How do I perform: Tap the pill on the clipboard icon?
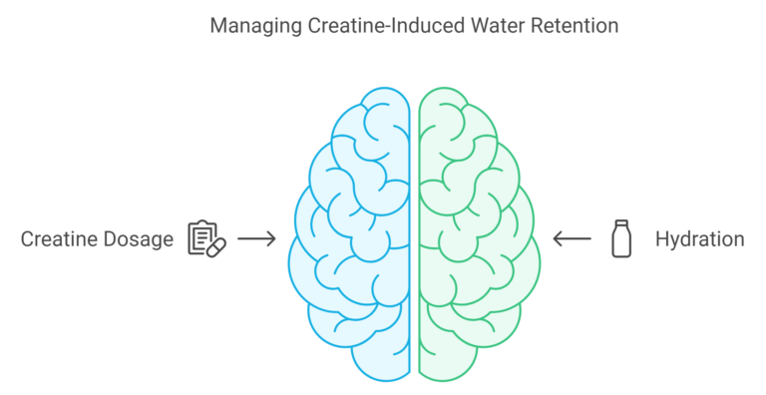pyautogui.click(x=217, y=244)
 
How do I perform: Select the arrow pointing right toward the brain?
pyautogui.click(x=257, y=239)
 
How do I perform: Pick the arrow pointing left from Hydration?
pyautogui.click(x=572, y=239)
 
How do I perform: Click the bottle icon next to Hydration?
pyautogui.click(x=620, y=239)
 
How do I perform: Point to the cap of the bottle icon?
pyautogui.click(x=620, y=223)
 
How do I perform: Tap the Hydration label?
pyautogui.click(x=699, y=239)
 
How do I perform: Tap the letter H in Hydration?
pyautogui.click(x=660, y=239)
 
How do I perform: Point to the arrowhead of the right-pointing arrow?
pyautogui.click(x=273, y=239)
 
